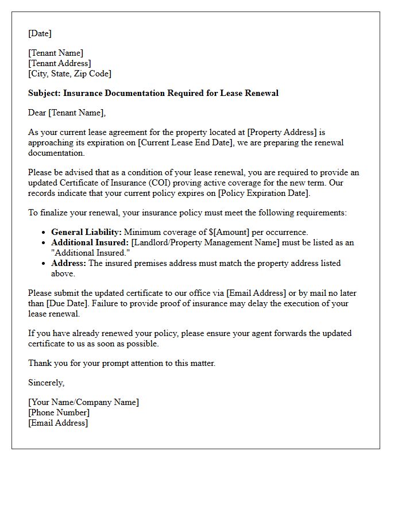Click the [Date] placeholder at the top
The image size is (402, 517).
pyautogui.click(x=40, y=33)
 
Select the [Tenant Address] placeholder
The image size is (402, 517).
pyautogui.click(x=60, y=63)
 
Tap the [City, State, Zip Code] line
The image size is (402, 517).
pyautogui.click(x=69, y=74)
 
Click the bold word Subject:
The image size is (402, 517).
pyautogui.click(x=44, y=93)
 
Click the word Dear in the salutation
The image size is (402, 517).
pyautogui.click(x=37, y=113)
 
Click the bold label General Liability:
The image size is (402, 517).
pyautogui.click(x=86, y=232)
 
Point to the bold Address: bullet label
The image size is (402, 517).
pyautogui.click(x=68, y=263)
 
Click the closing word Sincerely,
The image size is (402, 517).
pyautogui.click(x=46, y=383)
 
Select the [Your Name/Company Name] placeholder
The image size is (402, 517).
pyautogui.click(x=83, y=402)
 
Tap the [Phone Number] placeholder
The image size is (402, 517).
pyautogui.click(x=59, y=412)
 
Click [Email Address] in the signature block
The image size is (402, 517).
pyautogui.click(x=58, y=423)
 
